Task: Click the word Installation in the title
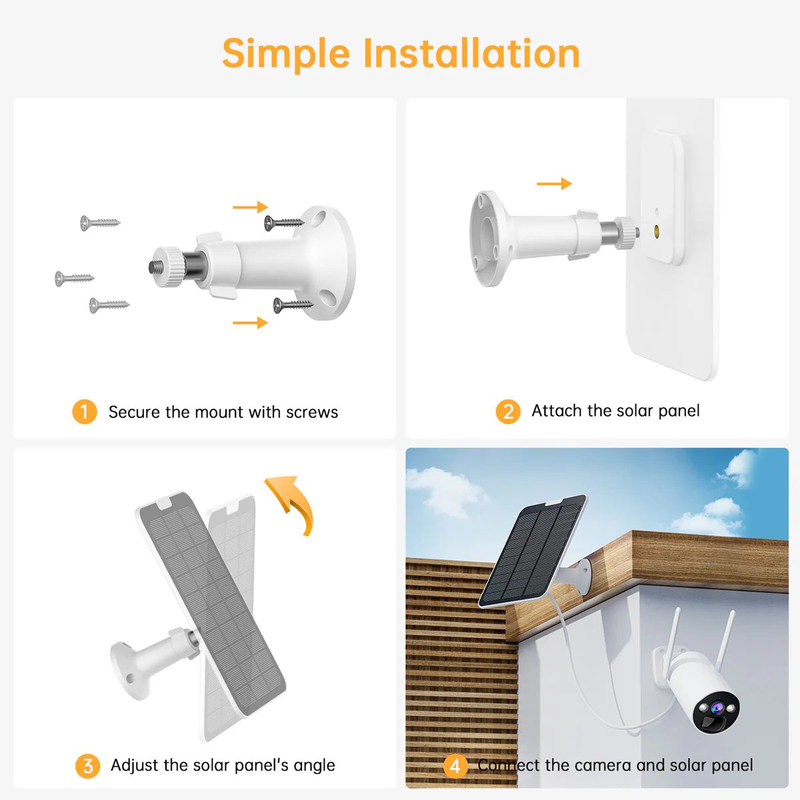pos(471,53)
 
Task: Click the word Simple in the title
pos(286,55)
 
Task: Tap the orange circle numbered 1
pos(85,411)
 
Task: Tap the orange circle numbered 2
pos(508,411)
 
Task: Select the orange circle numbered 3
pos(87,766)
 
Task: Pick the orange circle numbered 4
pos(455,766)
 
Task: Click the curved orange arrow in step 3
pos(293,501)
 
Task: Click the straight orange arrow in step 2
pos(554,183)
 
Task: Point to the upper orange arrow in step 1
pos(250,207)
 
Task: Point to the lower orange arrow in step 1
pos(250,323)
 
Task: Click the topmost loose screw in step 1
pos(99,222)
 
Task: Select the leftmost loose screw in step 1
pos(73,277)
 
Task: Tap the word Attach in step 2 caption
pos(557,411)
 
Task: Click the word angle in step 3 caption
pos(314,766)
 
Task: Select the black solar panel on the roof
pos(531,552)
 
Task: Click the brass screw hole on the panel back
pos(657,231)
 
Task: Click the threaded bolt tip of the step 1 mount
pos(153,267)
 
